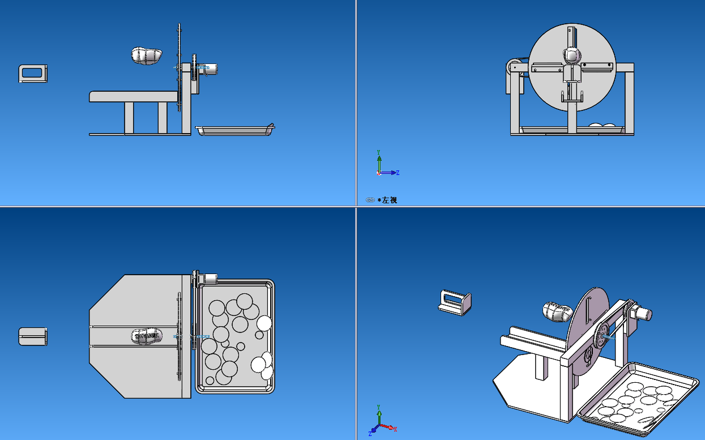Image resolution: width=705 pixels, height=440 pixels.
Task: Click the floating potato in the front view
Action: [x=147, y=55]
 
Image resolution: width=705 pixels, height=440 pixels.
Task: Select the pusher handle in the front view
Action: [x=33, y=74]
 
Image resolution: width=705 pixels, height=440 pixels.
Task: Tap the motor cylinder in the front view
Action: [x=210, y=69]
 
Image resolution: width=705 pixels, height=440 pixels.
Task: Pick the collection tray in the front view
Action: [x=233, y=131]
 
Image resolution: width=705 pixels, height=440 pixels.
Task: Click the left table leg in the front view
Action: [x=129, y=118]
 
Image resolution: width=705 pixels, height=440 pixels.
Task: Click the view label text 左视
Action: [x=390, y=200]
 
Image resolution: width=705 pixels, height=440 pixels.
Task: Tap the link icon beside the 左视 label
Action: [x=370, y=200]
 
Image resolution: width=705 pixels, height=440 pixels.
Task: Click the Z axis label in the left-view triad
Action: [x=398, y=173]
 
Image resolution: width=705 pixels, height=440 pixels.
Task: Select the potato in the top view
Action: [x=146, y=337]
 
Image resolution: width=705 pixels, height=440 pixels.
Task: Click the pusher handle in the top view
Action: [x=33, y=336]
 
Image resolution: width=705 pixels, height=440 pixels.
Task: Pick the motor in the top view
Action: [x=211, y=279]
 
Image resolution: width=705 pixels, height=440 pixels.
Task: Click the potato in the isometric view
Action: [x=558, y=311]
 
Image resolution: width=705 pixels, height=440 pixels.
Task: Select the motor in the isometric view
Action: [x=643, y=313]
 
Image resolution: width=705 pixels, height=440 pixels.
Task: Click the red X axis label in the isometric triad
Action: [x=395, y=428]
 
